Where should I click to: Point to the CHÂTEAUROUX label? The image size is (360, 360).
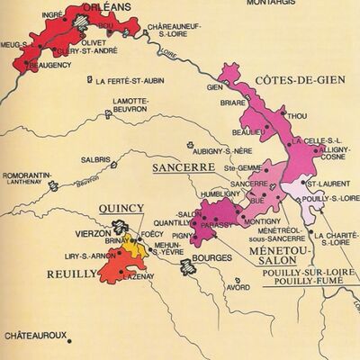tap(36, 337)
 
